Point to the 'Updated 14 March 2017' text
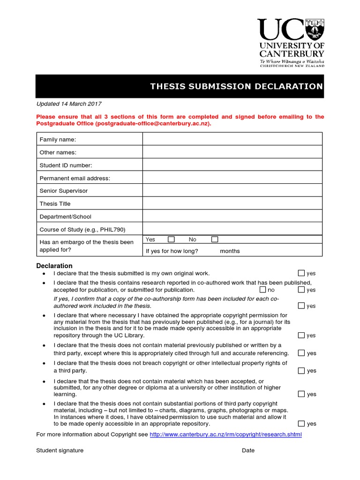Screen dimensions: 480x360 point(69,104)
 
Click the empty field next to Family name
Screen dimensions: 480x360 point(232,139)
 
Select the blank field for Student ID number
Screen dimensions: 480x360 point(232,165)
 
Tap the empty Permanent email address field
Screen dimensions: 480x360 point(232,178)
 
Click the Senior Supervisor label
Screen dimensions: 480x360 point(64,191)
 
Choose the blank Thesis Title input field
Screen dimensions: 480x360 point(232,204)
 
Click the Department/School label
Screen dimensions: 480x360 point(66,217)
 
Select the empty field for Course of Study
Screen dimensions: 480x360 point(232,229)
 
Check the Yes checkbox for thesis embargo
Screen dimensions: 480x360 point(171,240)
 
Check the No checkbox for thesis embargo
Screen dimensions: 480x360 point(215,240)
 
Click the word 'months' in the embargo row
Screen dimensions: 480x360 point(230,251)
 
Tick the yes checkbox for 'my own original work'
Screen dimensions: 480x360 point(301,273)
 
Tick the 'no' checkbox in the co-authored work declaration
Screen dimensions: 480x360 point(262,290)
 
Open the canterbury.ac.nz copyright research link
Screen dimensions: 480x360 point(225,435)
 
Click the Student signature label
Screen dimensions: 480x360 point(60,450)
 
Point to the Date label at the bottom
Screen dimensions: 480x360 point(248,450)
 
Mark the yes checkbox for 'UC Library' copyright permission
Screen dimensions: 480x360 point(301,335)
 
